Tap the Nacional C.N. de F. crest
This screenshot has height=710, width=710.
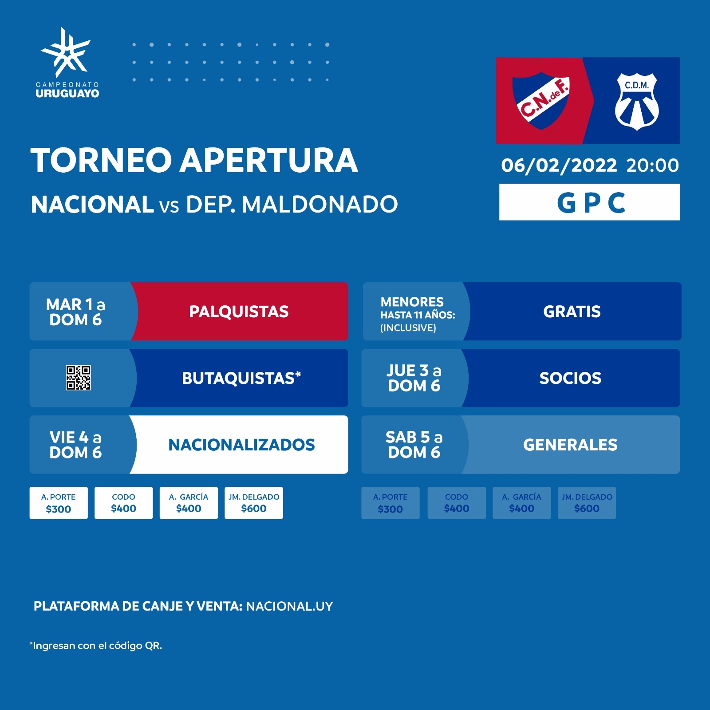(541, 101)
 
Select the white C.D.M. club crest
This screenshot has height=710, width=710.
(637, 102)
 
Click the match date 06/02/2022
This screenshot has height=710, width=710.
(559, 165)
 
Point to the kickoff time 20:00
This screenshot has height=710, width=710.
(652, 165)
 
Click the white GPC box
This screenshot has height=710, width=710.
(589, 202)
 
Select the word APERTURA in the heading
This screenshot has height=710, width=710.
(268, 160)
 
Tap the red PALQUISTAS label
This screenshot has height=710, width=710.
(239, 312)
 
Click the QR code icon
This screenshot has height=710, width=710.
(79, 378)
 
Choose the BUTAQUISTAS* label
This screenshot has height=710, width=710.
(241, 378)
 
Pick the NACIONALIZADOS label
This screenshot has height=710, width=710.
(241, 445)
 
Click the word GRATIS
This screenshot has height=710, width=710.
(572, 312)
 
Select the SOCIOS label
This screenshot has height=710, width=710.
(570, 378)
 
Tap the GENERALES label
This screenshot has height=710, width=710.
(570, 445)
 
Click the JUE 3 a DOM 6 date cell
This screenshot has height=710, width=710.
(414, 378)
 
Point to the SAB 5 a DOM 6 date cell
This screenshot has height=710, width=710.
(414, 445)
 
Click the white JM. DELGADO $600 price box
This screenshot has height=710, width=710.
(254, 503)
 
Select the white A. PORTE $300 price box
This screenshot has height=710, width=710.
(59, 503)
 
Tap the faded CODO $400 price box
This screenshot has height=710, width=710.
(457, 503)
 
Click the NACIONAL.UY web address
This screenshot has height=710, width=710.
(289, 606)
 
